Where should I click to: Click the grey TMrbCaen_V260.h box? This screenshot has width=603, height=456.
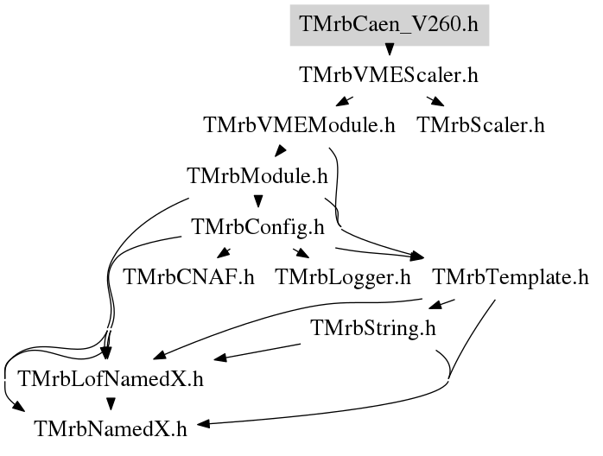[x=389, y=25]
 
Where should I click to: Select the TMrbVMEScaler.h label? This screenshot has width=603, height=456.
[x=389, y=74]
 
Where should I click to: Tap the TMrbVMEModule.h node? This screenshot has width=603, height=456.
[x=299, y=125]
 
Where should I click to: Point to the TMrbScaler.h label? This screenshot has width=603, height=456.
[x=480, y=125]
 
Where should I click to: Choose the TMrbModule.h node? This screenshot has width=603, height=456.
[x=257, y=175]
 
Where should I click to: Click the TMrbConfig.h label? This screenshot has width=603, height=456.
[x=257, y=226]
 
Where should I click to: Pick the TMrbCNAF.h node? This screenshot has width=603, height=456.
[x=189, y=277]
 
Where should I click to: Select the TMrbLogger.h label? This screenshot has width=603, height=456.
[x=343, y=277]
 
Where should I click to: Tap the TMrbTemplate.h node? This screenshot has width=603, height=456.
[x=511, y=277]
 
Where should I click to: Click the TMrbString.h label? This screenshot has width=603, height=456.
[x=373, y=328]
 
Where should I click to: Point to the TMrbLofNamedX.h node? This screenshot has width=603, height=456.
[x=111, y=379]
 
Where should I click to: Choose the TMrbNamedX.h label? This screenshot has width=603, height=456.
[x=111, y=428]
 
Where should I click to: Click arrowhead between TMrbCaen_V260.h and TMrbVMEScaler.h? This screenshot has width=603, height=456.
[x=390, y=49]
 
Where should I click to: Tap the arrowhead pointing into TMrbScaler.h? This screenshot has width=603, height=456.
[x=438, y=102]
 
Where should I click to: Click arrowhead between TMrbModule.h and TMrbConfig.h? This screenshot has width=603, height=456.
[x=258, y=201]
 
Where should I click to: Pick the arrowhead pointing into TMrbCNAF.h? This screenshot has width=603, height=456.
[x=223, y=253]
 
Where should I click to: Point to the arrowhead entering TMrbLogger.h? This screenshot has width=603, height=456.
[x=302, y=253]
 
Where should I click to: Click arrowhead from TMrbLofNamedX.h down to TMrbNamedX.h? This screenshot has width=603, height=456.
[x=111, y=403]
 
